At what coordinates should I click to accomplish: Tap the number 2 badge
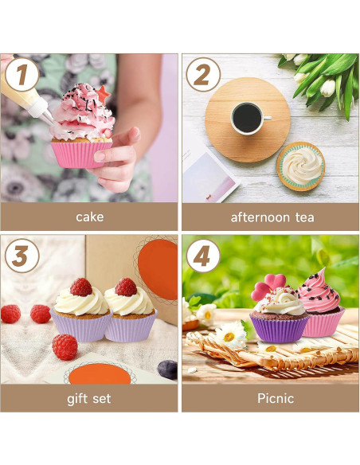click(203, 76)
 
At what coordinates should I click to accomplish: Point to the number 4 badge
click(203, 256)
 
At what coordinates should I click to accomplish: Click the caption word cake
click(89, 217)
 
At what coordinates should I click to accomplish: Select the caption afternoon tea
click(272, 217)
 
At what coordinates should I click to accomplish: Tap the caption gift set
click(89, 398)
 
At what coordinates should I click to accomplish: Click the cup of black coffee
click(247, 119)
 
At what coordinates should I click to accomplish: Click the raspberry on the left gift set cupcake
click(80, 287)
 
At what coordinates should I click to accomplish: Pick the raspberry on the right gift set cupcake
click(125, 287)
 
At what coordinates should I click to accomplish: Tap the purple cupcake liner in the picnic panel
click(279, 327)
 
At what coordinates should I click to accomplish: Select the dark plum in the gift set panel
click(167, 369)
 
